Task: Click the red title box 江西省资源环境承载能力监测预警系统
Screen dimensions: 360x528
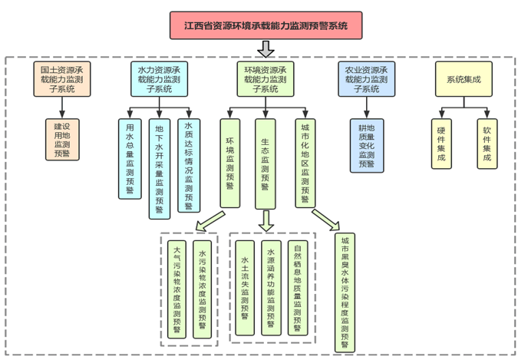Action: tap(266, 25)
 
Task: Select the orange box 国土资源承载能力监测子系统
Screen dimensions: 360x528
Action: tap(62, 79)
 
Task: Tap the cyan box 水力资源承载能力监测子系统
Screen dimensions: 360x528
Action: tap(159, 79)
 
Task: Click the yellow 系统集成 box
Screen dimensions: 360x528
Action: tap(464, 79)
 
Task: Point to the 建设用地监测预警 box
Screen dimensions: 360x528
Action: tap(62, 139)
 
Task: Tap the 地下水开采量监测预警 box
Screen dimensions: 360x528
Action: tap(159, 168)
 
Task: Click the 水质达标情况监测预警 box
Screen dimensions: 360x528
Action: tap(188, 164)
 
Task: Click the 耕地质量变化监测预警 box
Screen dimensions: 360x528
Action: tap(366, 144)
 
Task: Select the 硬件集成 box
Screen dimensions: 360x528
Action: tap(441, 144)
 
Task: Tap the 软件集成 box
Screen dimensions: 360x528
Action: tap(487, 144)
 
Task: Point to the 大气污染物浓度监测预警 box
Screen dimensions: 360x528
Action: tap(177, 287)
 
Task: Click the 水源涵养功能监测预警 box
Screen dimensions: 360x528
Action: tap(270, 287)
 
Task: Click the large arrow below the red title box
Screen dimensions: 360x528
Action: tap(266, 48)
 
